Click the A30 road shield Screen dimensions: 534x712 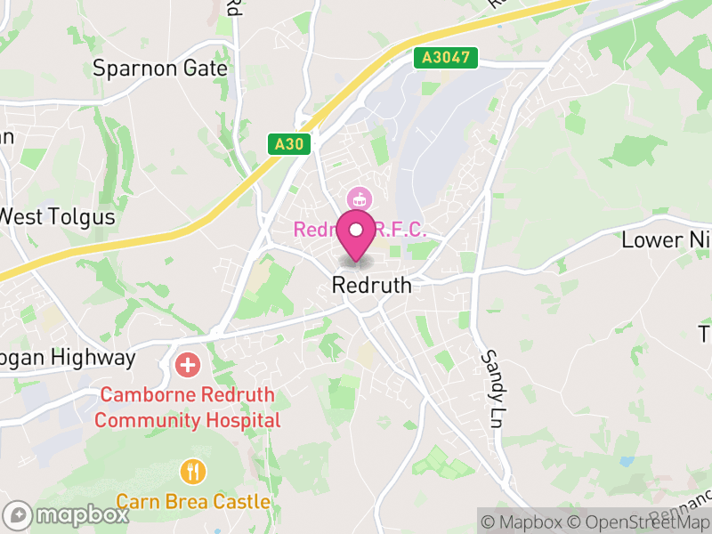coord(289,143)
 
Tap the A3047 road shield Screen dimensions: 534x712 coord(446,58)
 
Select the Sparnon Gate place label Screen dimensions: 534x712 coord(160,69)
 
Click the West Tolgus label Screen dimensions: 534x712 coord(58,216)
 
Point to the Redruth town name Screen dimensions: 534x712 coord(371,286)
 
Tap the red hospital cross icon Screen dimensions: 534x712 coord(188,364)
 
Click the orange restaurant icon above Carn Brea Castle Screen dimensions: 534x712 coord(192,470)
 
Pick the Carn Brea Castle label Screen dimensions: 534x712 coord(192,502)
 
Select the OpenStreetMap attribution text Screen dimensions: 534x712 coord(643,522)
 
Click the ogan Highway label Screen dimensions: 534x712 coord(68,359)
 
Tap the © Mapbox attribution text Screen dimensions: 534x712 coord(523,522)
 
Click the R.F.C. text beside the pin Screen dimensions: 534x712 coord(400,230)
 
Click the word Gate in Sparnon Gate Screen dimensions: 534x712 coord(206,69)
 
